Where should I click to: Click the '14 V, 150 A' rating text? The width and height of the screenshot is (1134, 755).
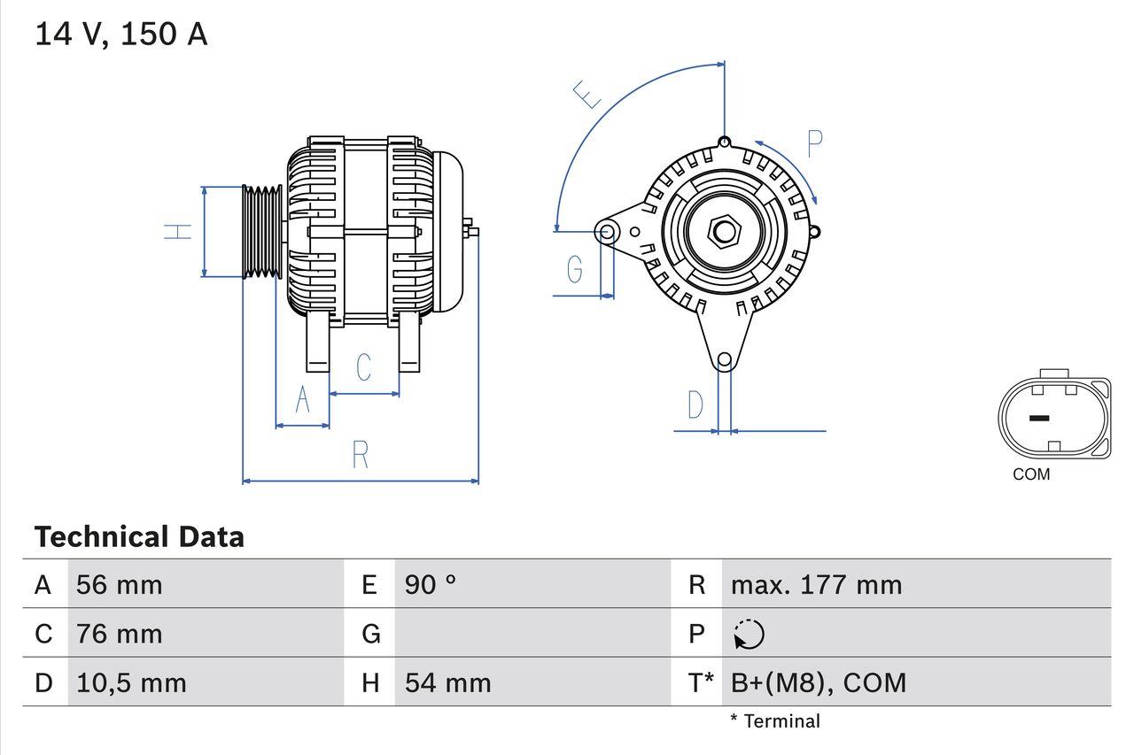click(x=120, y=35)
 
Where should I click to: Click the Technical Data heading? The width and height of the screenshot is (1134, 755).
click(x=139, y=536)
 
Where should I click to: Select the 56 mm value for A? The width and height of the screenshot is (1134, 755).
click(x=120, y=584)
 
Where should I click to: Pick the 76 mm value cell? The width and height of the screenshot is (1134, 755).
click(x=120, y=634)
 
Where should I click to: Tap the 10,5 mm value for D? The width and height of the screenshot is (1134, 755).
click(x=131, y=682)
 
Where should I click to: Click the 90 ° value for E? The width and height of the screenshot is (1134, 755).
click(x=431, y=584)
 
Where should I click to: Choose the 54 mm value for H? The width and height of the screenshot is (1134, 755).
click(x=447, y=682)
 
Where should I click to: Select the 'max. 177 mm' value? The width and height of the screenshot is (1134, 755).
click(x=816, y=584)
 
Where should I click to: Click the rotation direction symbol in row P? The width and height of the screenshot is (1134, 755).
click(x=749, y=634)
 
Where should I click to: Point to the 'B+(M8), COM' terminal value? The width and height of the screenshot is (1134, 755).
click(x=819, y=682)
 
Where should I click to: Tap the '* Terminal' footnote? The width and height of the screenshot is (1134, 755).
click(x=775, y=721)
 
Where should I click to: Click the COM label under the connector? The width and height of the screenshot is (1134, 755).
click(x=1031, y=474)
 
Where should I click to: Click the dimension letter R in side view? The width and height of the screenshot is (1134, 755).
click(x=360, y=455)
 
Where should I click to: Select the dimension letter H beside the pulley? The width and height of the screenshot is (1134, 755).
click(x=180, y=232)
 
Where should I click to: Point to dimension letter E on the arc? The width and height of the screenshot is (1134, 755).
click(x=586, y=94)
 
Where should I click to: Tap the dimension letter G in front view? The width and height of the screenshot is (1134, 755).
click(x=575, y=268)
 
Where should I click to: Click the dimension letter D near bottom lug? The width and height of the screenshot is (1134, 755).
click(x=695, y=405)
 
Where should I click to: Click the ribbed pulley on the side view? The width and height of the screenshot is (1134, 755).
click(x=262, y=232)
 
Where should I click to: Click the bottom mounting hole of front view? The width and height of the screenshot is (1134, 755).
click(x=724, y=359)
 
